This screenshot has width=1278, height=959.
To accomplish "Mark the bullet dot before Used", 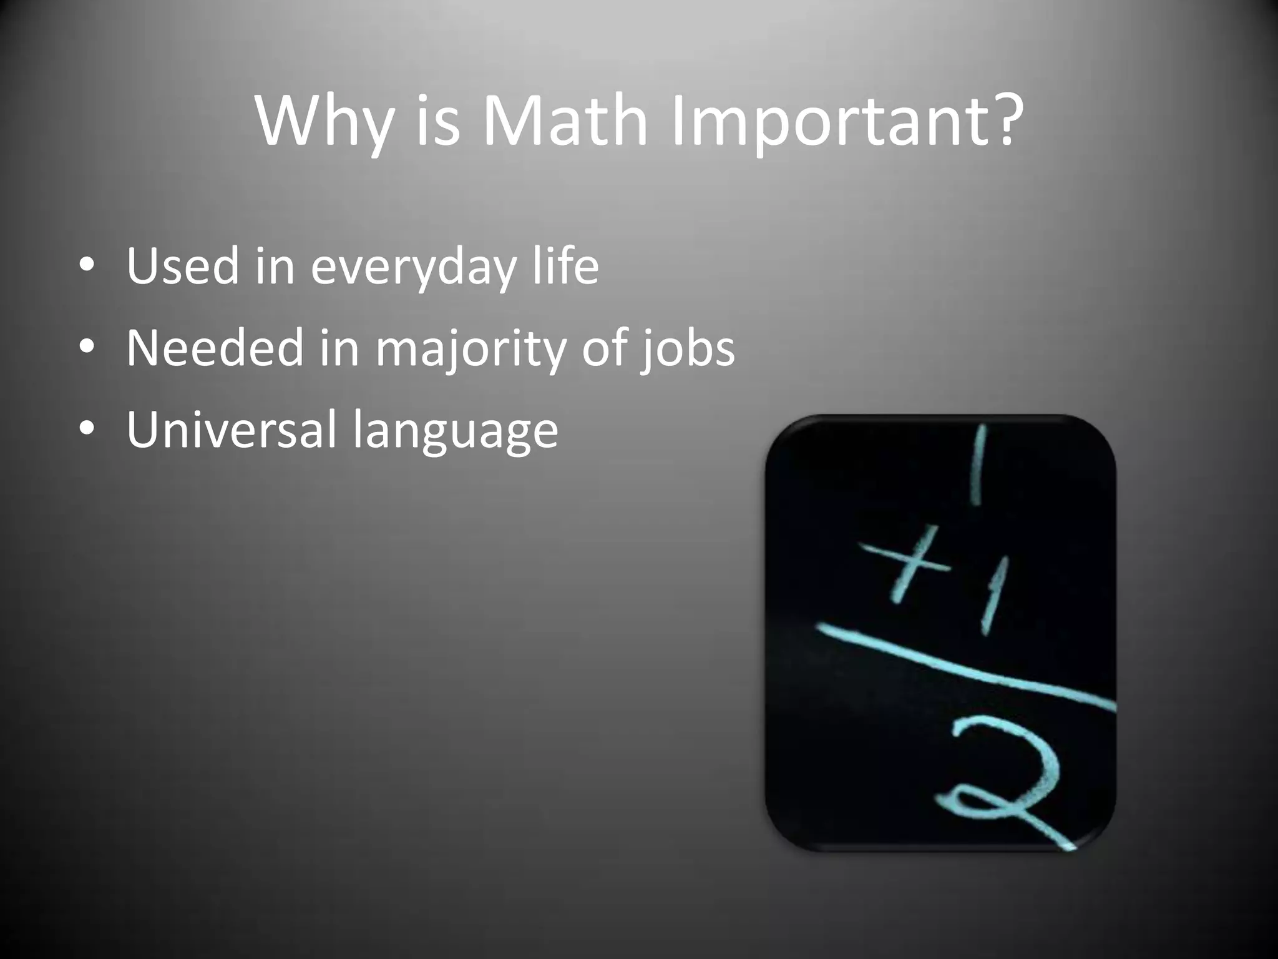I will [x=87, y=267].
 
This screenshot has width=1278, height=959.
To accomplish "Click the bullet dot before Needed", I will [x=87, y=348].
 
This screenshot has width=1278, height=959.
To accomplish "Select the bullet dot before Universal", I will [x=87, y=430].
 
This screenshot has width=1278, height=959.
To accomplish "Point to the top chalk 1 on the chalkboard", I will [x=978, y=465].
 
